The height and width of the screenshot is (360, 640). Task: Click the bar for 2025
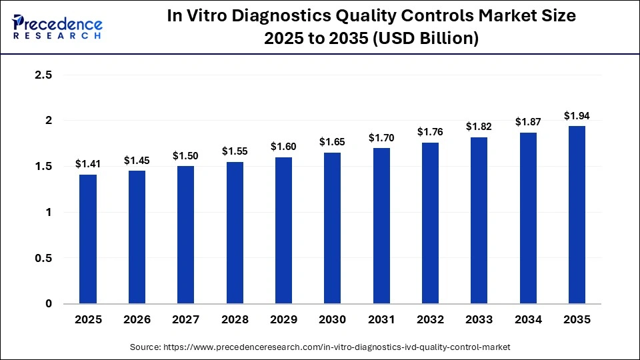click(88, 239)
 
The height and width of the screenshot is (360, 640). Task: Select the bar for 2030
click(333, 228)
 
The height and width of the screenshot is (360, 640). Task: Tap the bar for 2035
click(577, 215)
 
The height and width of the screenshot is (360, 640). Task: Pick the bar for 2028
click(235, 233)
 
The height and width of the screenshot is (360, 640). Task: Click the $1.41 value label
click(88, 163)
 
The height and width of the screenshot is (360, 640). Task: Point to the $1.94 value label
click(577, 115)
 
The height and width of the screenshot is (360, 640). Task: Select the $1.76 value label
click(430, 131)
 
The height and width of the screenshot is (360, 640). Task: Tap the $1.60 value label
click(283, 146)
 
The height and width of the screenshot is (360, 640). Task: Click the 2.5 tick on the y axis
click(43, 75)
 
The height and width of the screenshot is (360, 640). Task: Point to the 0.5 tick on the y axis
click(43, 258)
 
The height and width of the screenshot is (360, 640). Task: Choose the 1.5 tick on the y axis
click(43, 167)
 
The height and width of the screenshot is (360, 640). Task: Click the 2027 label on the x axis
click(186, 319)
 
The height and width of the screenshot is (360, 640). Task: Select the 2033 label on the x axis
click(479, 319)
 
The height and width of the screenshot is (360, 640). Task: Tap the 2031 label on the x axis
click(381, 319)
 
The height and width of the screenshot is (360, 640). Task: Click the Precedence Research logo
click(57, 27)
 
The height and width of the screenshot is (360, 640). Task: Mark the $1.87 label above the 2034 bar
click(528, 122)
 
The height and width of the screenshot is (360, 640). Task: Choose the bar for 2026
click(137, 237)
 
